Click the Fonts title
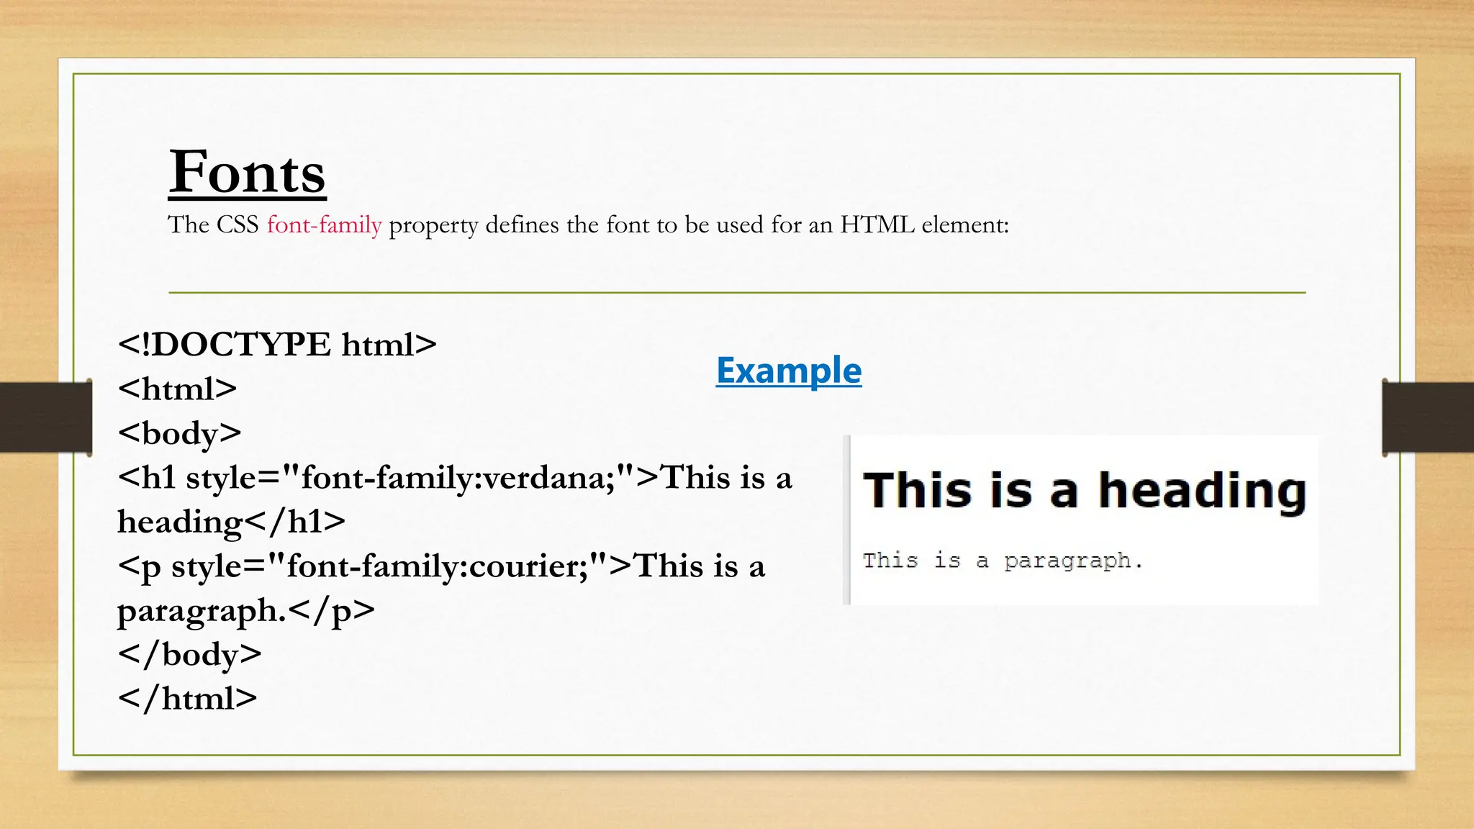coord(247,173)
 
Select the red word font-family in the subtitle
coord(324,225)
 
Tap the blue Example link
coord(789,371)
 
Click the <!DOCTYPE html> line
coord(277,345)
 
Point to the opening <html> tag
coord(177,389)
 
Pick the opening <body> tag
coord(179,433)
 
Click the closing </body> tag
coord(189,654)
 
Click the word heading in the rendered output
coord(1202,492)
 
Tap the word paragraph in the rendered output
coord(1067,561)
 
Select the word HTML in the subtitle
coord(877,225)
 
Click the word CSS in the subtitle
coord(238,225)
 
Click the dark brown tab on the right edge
coord(1428,417)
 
